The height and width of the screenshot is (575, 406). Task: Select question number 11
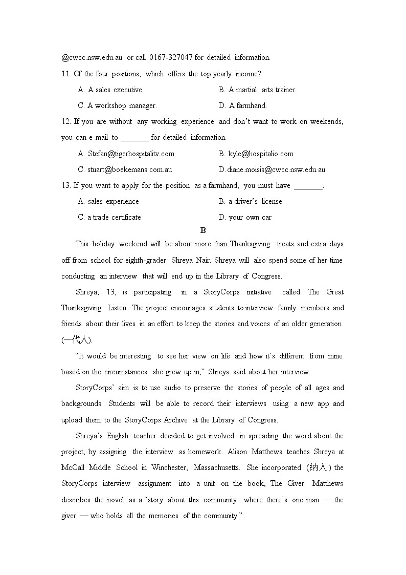(x=65, y=74)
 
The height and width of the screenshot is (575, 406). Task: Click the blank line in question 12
(x=135, y=138)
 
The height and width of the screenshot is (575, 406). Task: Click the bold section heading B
(x=203, y=230)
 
